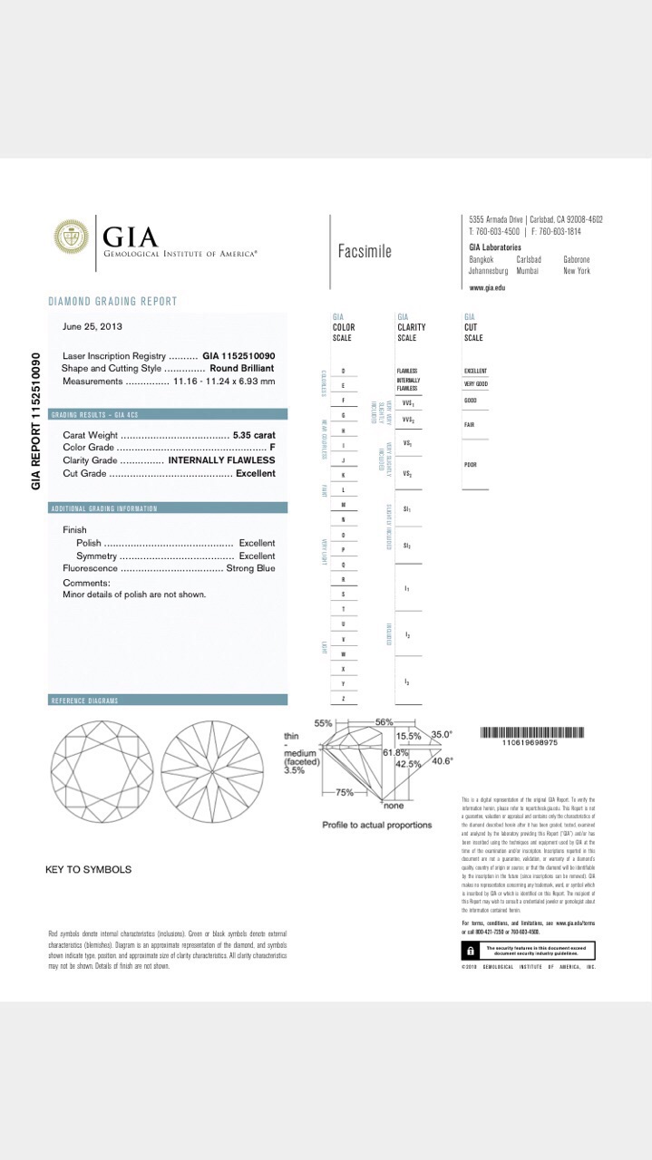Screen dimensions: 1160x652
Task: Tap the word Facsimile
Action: [x=365, y=251]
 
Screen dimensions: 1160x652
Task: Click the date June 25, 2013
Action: [x=92, y=326]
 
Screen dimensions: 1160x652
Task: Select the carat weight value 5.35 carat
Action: [x=254, y=435]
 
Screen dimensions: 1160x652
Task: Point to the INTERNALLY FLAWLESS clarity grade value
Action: [x=222, y=460]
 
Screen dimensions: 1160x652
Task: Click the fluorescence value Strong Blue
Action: [x=250, y=568]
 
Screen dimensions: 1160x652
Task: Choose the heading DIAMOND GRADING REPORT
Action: [x=112, y=301]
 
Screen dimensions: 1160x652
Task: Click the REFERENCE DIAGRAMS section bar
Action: [x=168, y=701]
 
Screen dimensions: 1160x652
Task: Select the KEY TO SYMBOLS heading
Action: [x=88, y=869]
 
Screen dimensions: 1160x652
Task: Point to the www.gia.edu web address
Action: [x=487, y=287]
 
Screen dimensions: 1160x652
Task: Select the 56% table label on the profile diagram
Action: [x=383, y=721]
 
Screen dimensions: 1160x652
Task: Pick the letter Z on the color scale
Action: [x=343, y=699]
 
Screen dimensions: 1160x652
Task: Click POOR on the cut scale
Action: [x=471, y=465]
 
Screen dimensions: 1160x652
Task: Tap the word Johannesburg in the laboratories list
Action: [x=488, y=271]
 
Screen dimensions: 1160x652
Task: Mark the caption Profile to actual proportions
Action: [x=377, y=825]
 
